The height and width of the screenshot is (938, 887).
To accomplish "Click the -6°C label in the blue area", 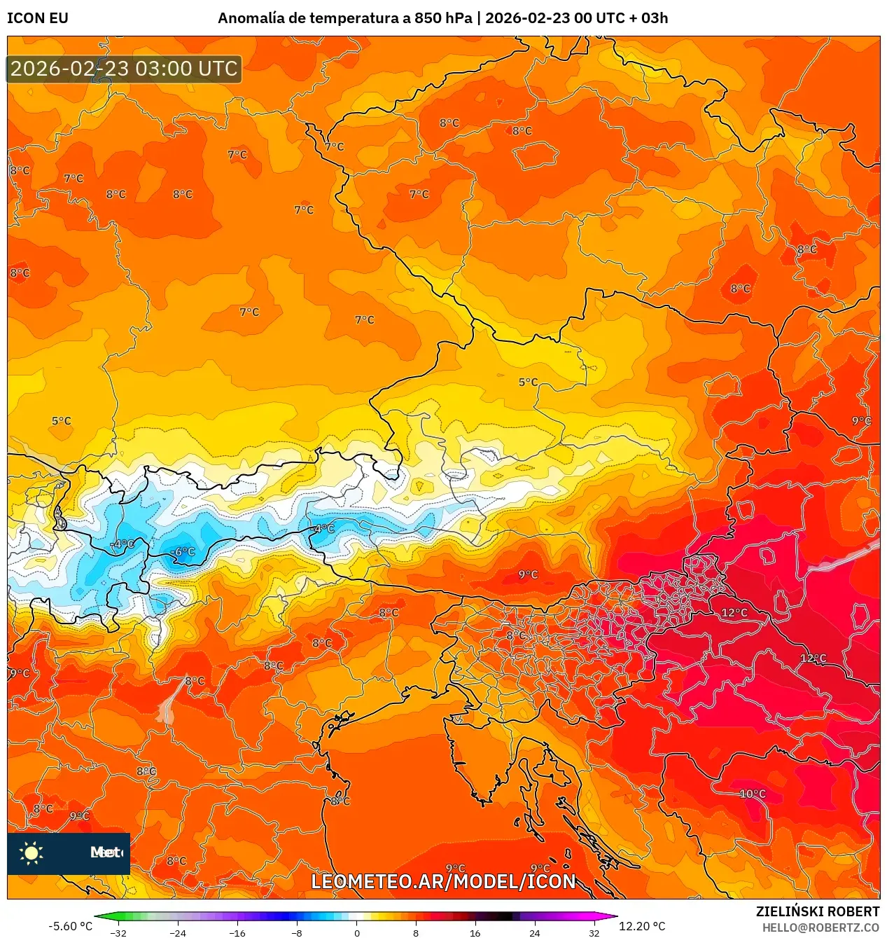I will [184, 552].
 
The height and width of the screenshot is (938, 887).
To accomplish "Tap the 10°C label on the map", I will [753, 794].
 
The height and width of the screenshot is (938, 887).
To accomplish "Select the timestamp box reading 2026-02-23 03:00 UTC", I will [125, 69].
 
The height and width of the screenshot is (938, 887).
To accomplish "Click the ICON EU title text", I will [38, 18].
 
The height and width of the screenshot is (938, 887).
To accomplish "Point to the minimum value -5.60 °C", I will [70, 926].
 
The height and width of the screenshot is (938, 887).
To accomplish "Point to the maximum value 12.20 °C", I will [642, 926].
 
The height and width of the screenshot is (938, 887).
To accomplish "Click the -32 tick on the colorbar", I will [118, 933].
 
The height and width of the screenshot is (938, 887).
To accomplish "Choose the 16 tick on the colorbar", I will [475, 933].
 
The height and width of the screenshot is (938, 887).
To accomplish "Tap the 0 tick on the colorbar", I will [356, 933].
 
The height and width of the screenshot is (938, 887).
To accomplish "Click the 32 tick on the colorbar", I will [594, 933].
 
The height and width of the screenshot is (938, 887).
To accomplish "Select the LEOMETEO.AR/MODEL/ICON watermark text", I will [443, 881].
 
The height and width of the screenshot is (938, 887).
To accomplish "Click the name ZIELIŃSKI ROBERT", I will [817, 911].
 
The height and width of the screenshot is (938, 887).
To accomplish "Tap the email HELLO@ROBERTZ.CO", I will [820, 927].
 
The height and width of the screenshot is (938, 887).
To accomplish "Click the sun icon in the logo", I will [32, 853].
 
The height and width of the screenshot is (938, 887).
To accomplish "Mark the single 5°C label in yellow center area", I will [528, 382].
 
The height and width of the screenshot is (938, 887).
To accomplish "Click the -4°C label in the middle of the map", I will [323, 529].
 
